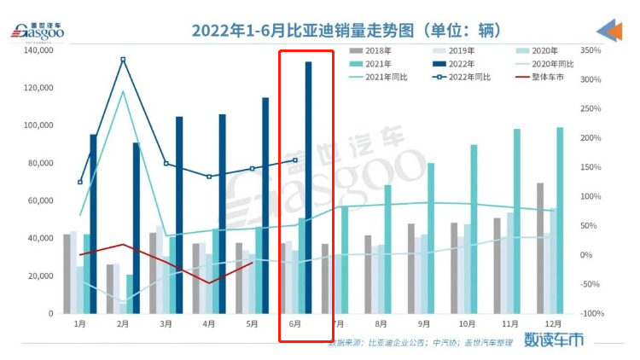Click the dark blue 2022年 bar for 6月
pyautogui.click(x=308, y=188)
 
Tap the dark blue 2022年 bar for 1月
pyautogui.click(x=93, y=224)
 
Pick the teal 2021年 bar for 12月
pyautogui.click(x=560, y=220)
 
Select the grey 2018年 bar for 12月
pyautogui.click(x=539, y=247)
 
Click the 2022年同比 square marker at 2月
pyautogui.click(x=123, y=59)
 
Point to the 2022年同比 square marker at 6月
pyautogui.click(x=295, y=160)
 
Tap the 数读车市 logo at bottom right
pyautogui.click(x=554, y=339)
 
